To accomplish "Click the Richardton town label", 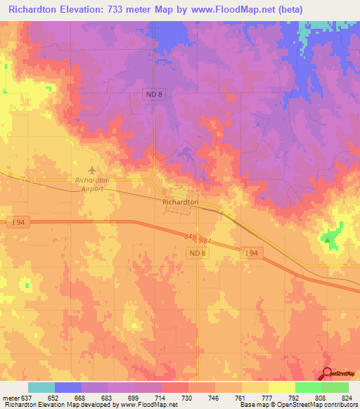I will tap(180, 202).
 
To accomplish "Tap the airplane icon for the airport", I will tap(92, 169).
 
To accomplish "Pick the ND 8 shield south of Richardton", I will tap(197, 252).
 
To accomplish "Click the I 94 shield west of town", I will tap(18, 223).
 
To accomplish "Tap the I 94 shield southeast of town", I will tap(250, 252).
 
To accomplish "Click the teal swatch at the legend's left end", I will tap(41, 387).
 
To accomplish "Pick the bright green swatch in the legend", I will tap(308, 387).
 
